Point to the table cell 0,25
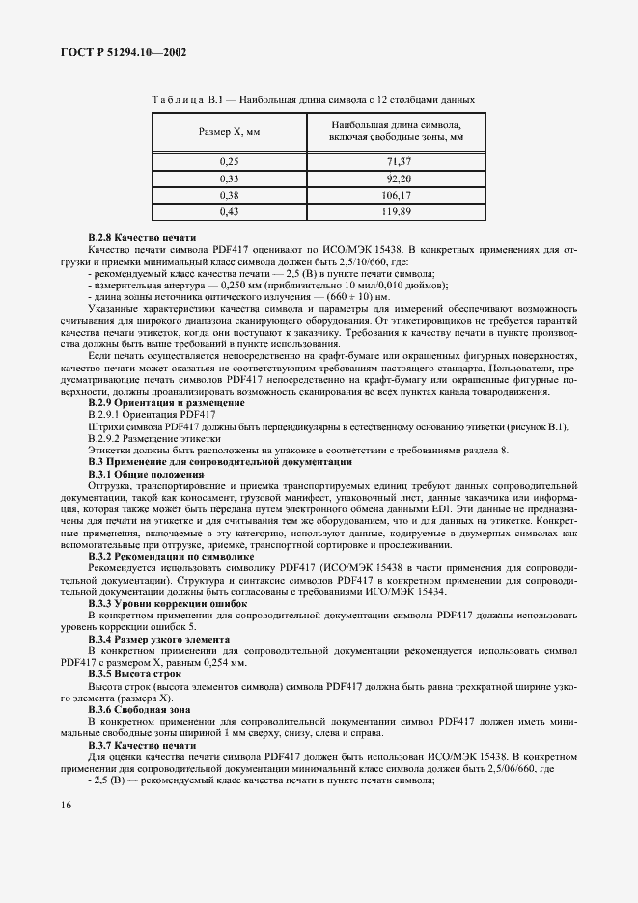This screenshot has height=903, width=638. pyautogui.click(x=229, y=161)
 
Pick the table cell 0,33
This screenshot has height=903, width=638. pyautogui.click(x=229, y=178)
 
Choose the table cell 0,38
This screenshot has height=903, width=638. pyautogui.click(x=229, y=194)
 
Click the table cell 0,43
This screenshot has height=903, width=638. pyautogui.click(x=229, y=210)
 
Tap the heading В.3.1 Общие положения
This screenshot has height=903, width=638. pyautogui.click(x=146, y=475)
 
